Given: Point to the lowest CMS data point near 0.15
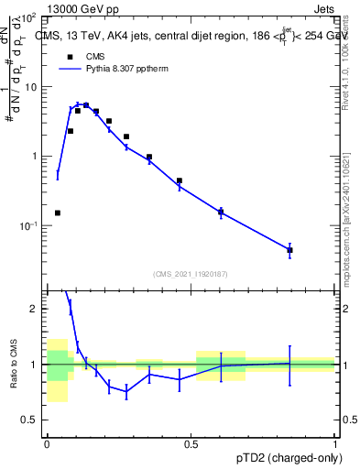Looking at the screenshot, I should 58,213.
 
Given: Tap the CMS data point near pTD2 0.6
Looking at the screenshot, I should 221,213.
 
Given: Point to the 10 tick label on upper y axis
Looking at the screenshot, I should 31,87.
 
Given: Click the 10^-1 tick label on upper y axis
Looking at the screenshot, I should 30,226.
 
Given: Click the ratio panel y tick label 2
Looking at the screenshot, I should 38,310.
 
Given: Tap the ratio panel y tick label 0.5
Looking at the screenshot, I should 33,420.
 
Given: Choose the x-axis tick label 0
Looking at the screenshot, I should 46,442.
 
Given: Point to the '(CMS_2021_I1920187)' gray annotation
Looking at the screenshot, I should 190,274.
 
